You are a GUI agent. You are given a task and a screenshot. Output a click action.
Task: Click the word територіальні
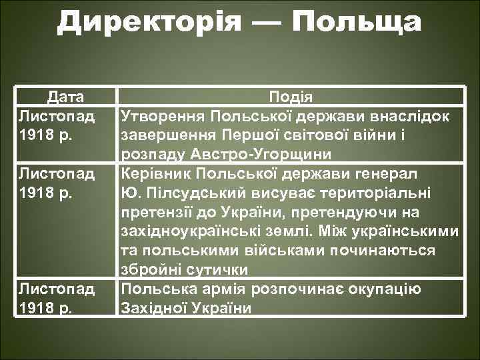point(372,193)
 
